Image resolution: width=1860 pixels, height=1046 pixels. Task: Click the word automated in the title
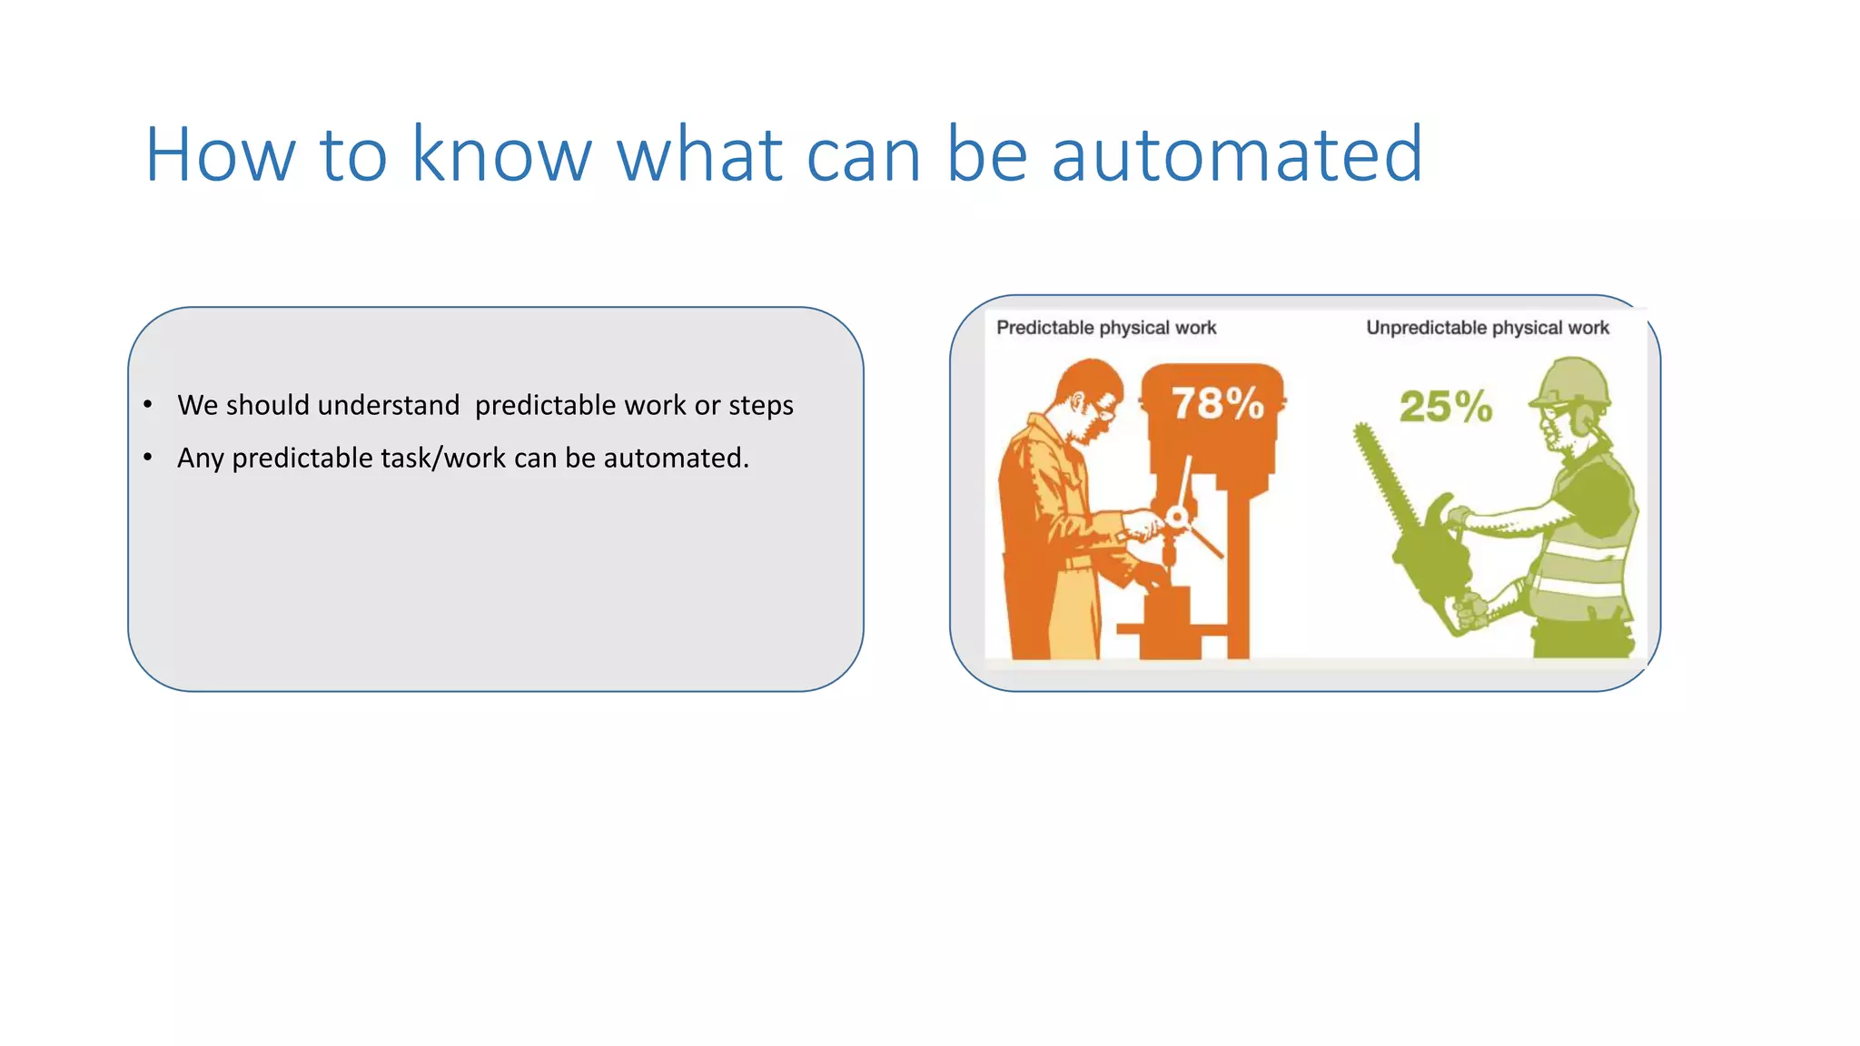pos(1237,155)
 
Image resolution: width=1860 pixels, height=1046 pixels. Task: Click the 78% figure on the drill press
pos(1217,403)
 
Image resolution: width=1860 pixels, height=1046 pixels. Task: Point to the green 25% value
pos(1445,406)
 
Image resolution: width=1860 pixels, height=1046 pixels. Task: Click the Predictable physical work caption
pos(1105,328)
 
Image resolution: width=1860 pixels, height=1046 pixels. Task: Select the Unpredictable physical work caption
pos(1487,328)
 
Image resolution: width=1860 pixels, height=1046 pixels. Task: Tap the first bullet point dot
pos(148,404)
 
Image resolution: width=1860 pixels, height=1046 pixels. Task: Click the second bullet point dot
pos(148,457)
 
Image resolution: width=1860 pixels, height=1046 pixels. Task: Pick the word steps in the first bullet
pos(760,406)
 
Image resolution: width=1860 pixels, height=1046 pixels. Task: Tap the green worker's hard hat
pos(1572,381)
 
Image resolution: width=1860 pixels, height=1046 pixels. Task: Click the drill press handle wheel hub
pos(1177,518)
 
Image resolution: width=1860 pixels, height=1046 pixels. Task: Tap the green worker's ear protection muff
pos(1584,419)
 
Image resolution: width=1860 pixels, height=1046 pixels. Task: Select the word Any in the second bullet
pos(200,459)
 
